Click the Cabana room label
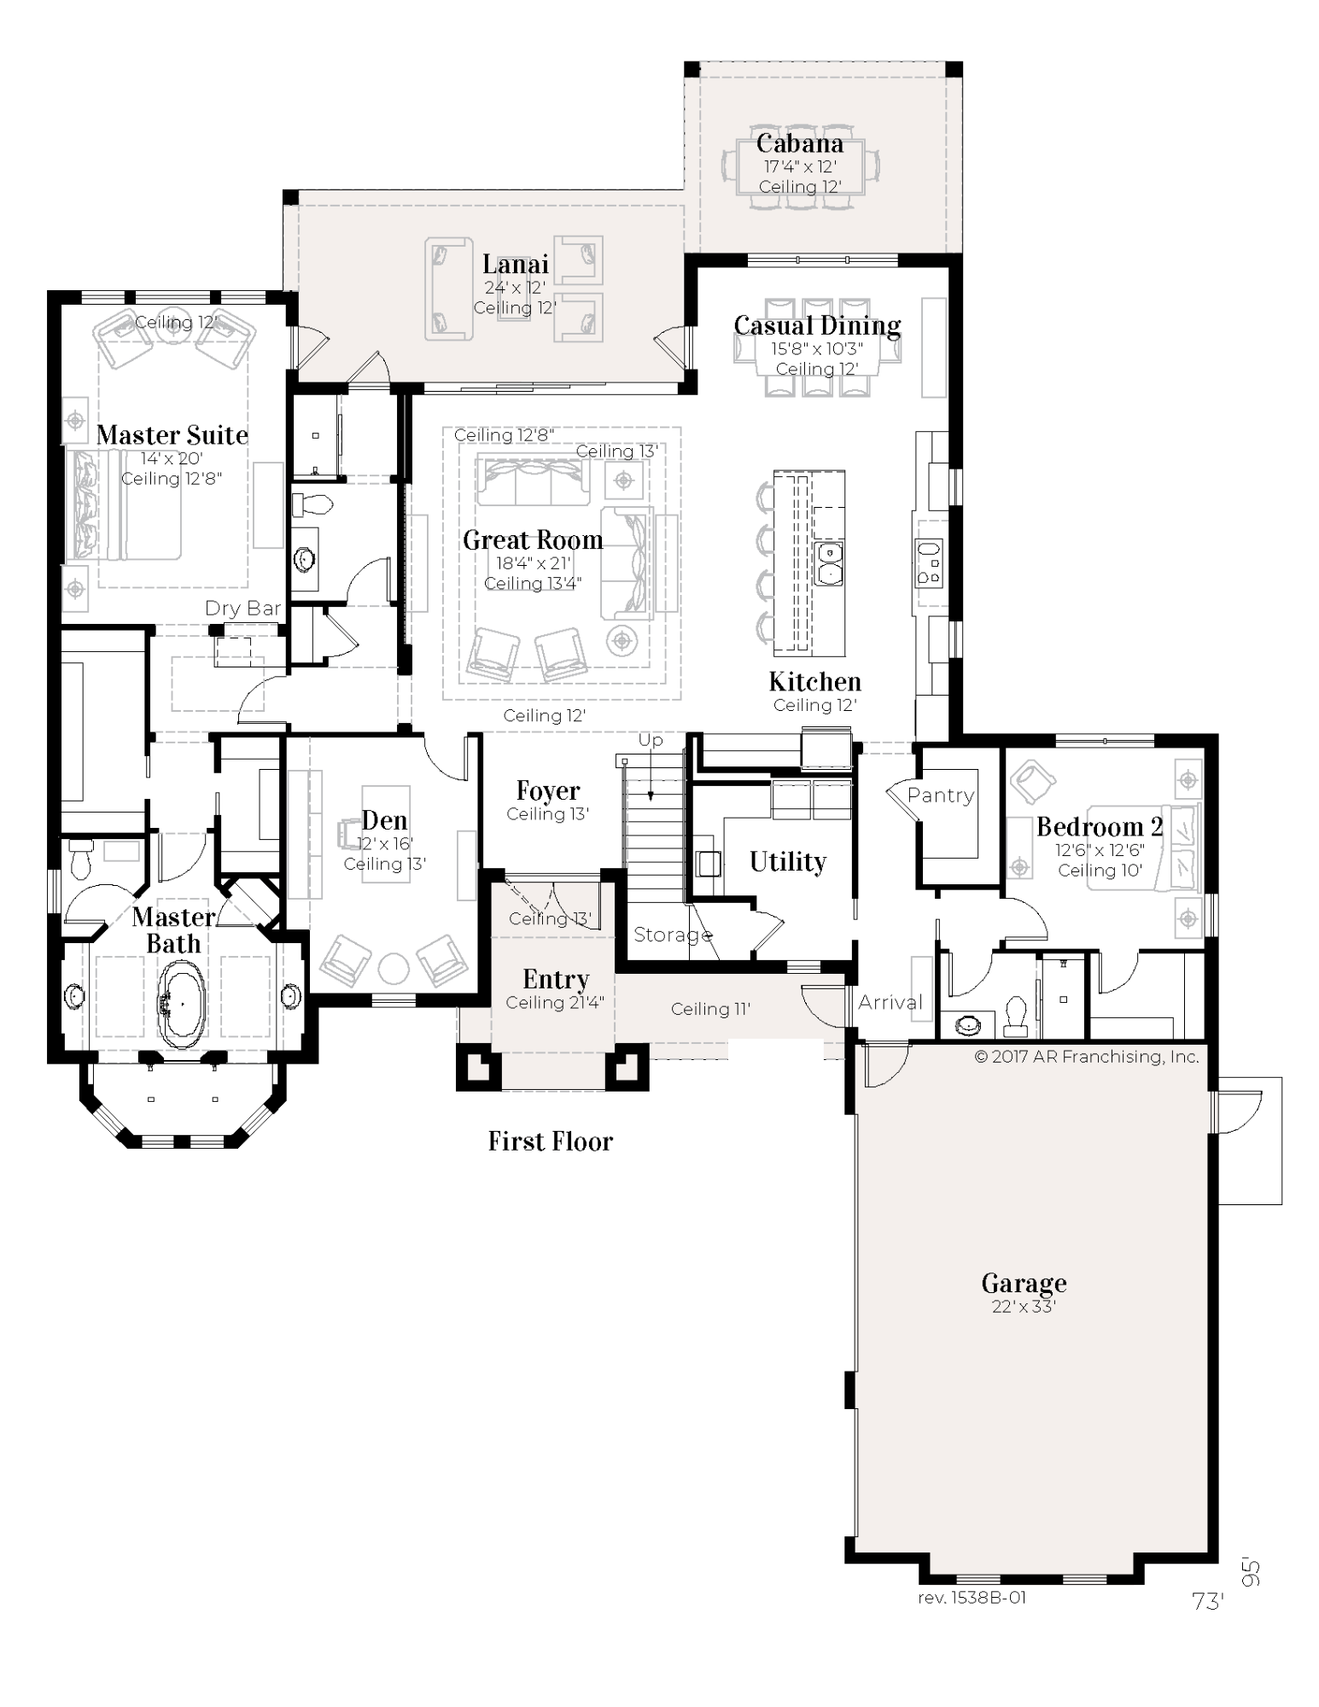799,143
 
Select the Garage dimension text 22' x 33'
1024,1306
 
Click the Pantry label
941,795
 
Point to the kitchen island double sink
829,563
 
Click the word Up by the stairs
651,741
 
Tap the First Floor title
551,1141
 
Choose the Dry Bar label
243,609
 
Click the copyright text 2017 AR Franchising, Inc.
1087,1057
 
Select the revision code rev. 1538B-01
972,1597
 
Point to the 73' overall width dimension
1208,1601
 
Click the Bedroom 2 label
1100,826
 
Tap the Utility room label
788,862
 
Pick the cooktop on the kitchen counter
929,563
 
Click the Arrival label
890,1002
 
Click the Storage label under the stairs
673,935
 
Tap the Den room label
384,821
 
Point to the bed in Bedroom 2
1144,847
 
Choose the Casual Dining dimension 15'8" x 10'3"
817,348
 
